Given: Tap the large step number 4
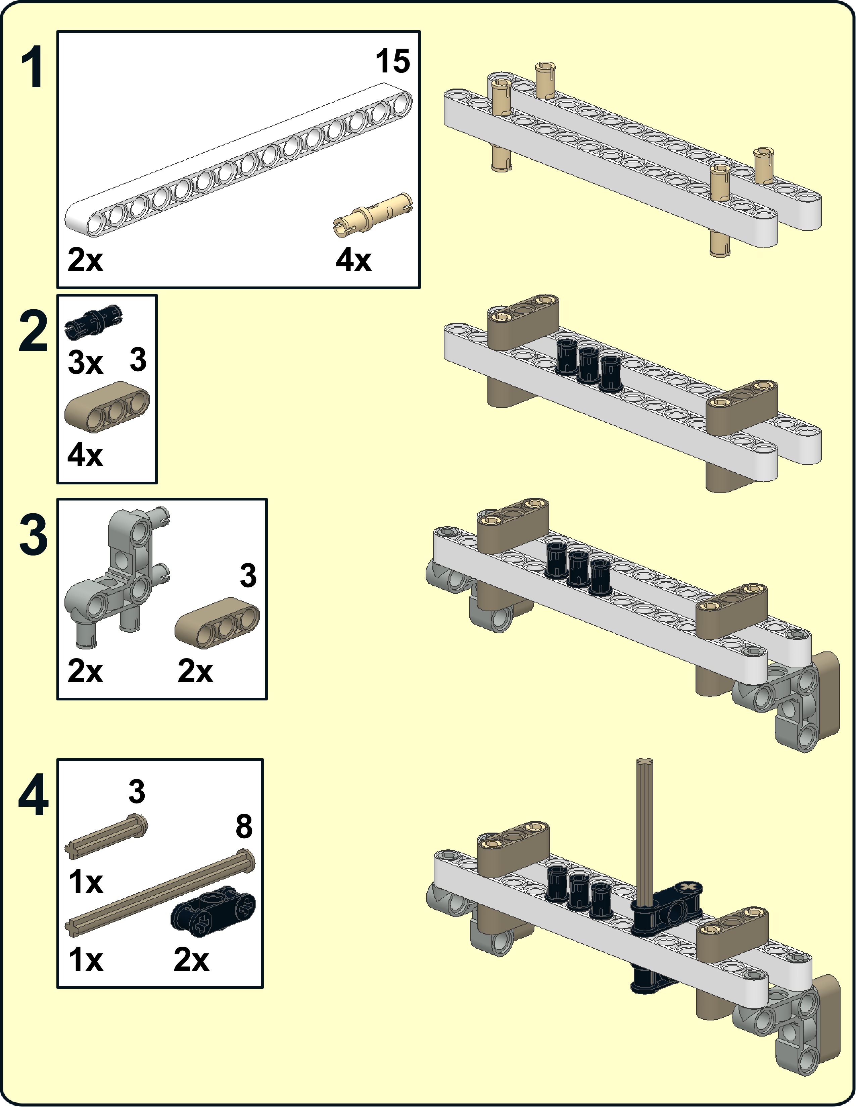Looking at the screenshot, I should tap(34, 796).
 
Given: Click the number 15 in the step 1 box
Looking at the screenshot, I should tap(392, 62).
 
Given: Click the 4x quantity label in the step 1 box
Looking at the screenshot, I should tap(353, 261).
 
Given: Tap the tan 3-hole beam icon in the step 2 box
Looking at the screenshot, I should tap(107, 407).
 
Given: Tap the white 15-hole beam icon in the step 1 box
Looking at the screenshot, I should tap(238, 162).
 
